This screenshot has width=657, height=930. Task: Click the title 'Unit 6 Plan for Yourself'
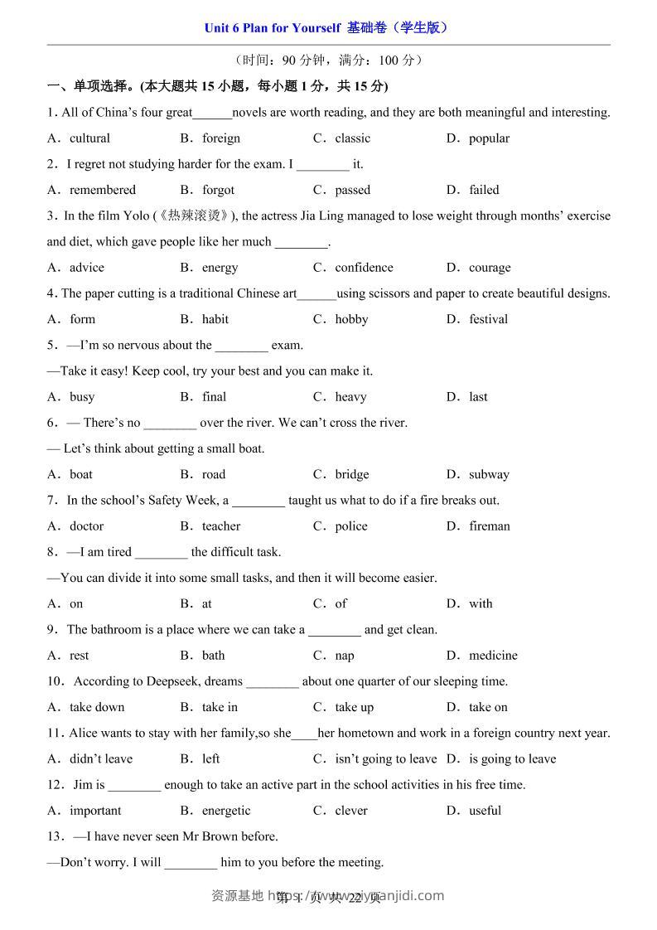coord(273,27)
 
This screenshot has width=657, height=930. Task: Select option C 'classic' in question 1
coord(352,138)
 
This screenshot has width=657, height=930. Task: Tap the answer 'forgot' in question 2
coord(218,190)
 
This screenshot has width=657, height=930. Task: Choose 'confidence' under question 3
coord(364,268)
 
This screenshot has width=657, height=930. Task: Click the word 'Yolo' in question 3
coord(136,216)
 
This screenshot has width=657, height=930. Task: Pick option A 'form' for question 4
coord(82,319)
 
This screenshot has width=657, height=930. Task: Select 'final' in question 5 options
coord(214,397)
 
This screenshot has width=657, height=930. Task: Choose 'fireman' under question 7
coord(490,526)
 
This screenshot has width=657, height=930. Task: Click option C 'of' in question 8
coord(341,604)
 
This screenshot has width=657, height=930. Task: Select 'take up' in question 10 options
coord(354,707)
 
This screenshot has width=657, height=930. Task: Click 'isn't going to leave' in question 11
coord(385,759)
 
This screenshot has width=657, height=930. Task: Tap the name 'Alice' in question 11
coord(85,733)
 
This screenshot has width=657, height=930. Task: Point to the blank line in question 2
coord(322,165)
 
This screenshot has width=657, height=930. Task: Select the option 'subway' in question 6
coord(489,475)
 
